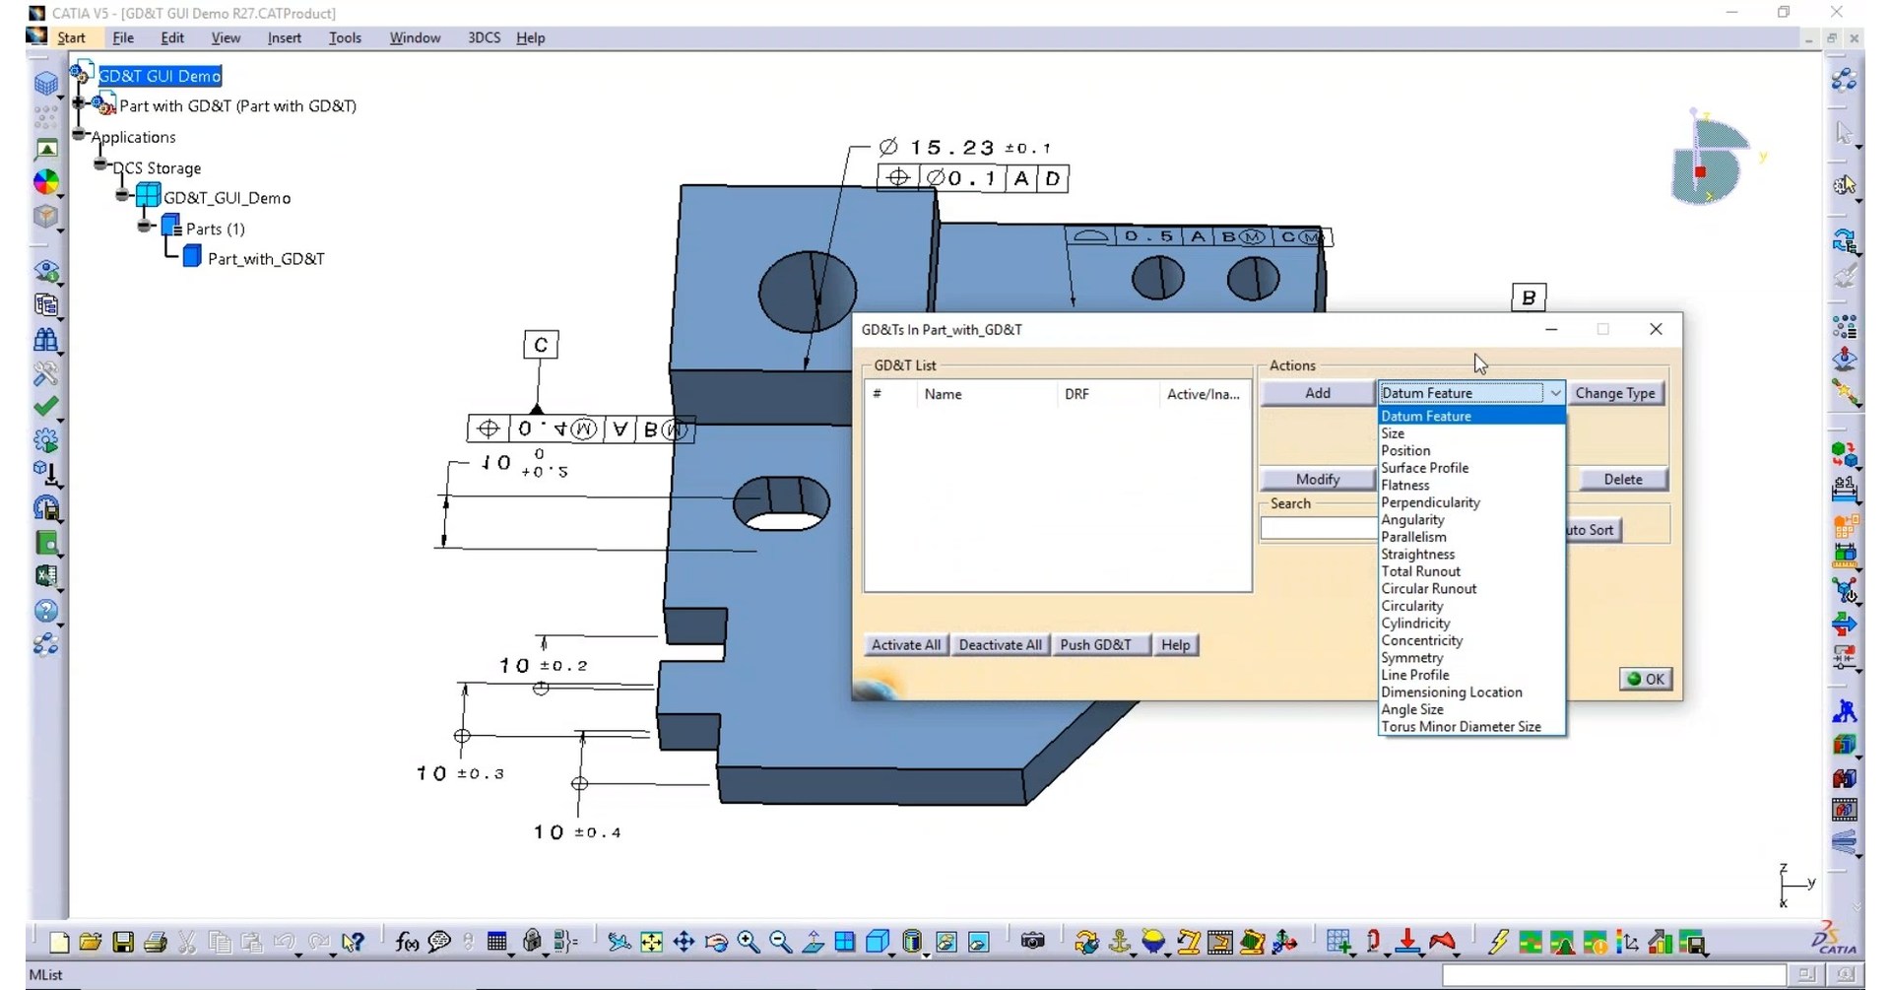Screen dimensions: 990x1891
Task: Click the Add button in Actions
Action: (1317, 393)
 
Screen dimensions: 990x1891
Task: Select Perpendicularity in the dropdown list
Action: (1430, 502)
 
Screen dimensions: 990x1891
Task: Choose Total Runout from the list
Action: (1420, 571)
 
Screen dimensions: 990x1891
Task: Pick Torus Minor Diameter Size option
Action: (1461, 727)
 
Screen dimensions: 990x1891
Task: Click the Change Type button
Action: (1614, 393)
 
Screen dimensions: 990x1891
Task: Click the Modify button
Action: (1317, 479)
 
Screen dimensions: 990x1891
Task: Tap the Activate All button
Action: (905, 645)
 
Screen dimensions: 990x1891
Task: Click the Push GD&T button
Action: (1094, 645)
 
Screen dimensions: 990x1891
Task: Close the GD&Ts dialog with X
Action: (1656, 329)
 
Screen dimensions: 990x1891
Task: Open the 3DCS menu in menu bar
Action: (484, 37)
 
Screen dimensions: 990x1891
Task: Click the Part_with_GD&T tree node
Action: (265, 259)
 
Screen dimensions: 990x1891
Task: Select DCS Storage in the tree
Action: (157, 168)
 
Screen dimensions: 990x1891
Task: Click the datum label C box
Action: (541, 345)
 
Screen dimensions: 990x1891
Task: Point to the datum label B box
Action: (1528, 297)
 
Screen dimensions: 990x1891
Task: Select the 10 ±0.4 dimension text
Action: (577, 832)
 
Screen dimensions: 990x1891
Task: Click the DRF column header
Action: (1076, 394)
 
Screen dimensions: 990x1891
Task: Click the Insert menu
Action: (284, 37)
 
